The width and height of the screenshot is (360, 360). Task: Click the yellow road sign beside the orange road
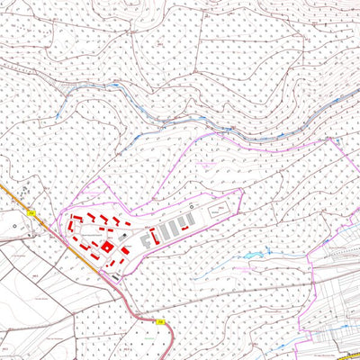coord(31,212)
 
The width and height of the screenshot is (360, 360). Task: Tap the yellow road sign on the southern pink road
coord(159,320)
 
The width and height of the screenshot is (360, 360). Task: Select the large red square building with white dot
coord(106,246)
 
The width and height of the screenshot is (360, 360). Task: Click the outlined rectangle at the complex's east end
coord(219,210)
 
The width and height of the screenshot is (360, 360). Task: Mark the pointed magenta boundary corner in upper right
coord(333,138)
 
